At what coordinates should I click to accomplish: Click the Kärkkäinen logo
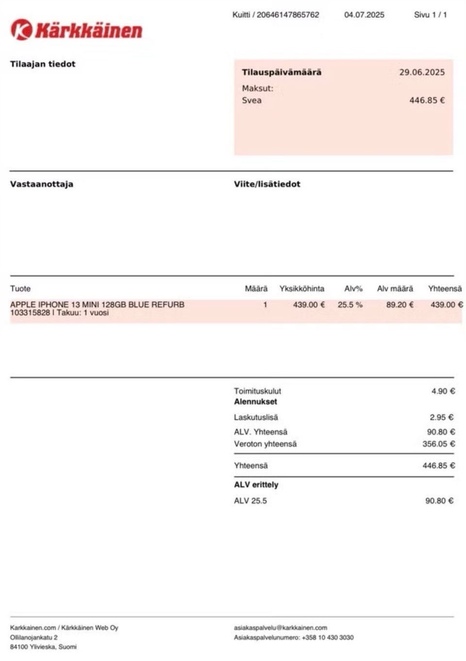[x=76, y=30]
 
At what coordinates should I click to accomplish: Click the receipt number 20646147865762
[x=288, y=15]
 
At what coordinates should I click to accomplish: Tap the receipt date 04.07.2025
[x=364, y=15]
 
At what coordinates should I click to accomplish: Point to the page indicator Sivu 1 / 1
[x=430, y=15]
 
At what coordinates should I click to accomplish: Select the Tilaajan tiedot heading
[x=43, y=64]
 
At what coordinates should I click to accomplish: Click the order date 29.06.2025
[x=422, y=72]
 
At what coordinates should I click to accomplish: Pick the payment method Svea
[x=251, y=101]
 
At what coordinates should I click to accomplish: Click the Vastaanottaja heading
[x=42, y=184]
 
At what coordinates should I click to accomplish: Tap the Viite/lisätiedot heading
[x=267, y=184]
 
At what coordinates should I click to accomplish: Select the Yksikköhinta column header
[x=301, y=288]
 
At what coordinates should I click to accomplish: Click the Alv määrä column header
[x=395, y=288]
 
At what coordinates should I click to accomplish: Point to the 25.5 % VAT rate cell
[x=350, y=305]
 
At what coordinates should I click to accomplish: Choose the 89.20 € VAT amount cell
[x=400, y=305]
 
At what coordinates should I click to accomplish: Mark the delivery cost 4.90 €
[x=443, y=391]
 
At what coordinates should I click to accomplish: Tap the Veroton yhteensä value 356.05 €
[x=439, y=444]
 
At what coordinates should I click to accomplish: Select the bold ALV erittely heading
[x=256, y=485]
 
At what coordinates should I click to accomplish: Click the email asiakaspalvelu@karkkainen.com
[x=281, y=627]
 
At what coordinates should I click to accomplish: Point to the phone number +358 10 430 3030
[x=328, y=637]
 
